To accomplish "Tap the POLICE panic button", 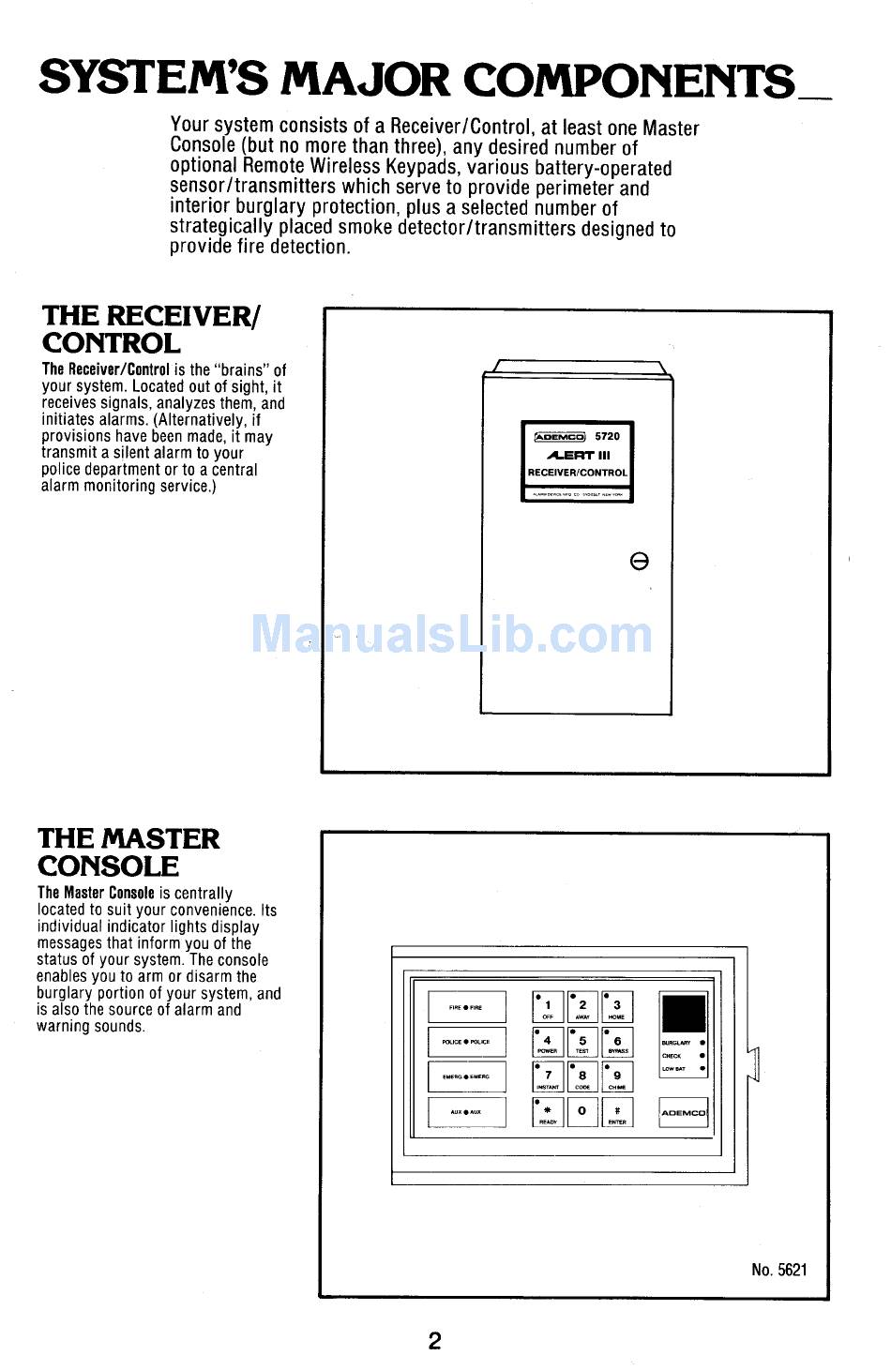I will (x=466, y=1042).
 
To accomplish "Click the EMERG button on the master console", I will (x=466, y=1076).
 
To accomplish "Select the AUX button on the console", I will (x=466, y=1112).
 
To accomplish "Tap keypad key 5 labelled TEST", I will (x=582, y=1042).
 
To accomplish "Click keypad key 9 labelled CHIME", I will (x=617, y=1076).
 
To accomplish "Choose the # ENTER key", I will (x=617, y=1112).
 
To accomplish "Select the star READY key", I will (x=548, y=1112).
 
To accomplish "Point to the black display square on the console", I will (x=684, y=1015).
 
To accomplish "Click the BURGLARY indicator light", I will (x=702, y=1043).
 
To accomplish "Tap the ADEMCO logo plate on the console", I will (x=684, y=1113).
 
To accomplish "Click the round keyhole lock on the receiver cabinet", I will (x=640, y=561).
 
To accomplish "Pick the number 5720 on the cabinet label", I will (x=608, y=436).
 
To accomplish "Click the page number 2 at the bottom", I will (x=435, y=1341).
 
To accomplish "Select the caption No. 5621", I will (x=778, y=1270).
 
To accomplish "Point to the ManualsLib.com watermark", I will (x=452, y=634).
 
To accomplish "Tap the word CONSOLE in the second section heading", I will (x=108, y=866).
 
